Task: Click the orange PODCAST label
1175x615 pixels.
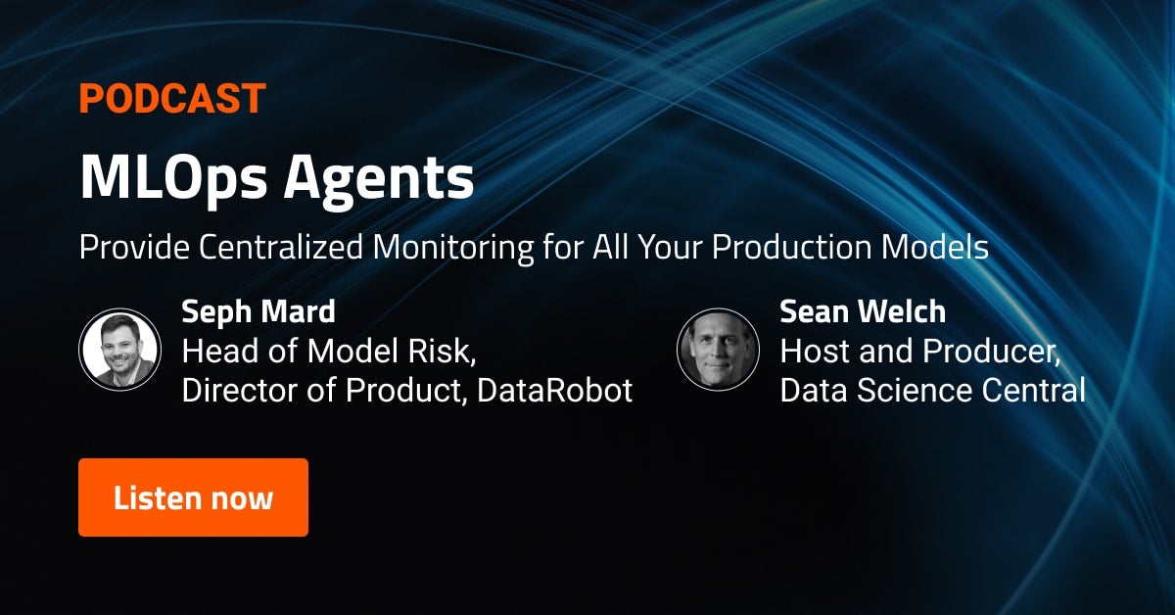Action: click(x=172, y=98)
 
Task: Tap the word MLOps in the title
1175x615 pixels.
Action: click(x=173, y=178)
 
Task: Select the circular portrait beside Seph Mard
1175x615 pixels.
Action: click(x=119, y=350)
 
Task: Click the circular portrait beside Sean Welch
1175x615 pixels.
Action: click(x=718, y=350)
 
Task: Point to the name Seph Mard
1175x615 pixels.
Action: click(x=258, y=311)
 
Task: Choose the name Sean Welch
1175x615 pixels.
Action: click(x=863, y=311)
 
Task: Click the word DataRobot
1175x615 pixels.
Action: click(x=555, y=391)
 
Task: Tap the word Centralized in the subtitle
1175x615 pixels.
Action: click(x=281, y=247)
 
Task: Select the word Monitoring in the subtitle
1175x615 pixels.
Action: click(x=453, y=248)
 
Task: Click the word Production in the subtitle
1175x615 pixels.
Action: click(x=791, y=247)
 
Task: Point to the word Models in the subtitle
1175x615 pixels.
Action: click(x=935, y=247)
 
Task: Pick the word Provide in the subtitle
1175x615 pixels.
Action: click(x=134, y=247)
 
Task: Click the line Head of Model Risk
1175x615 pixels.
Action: click(x=329, y=351)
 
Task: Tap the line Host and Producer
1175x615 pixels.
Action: click(x=920, y=351)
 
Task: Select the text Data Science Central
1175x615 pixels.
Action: click(x=932, y=391)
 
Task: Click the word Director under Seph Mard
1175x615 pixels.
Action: click(x=240, y=391)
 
